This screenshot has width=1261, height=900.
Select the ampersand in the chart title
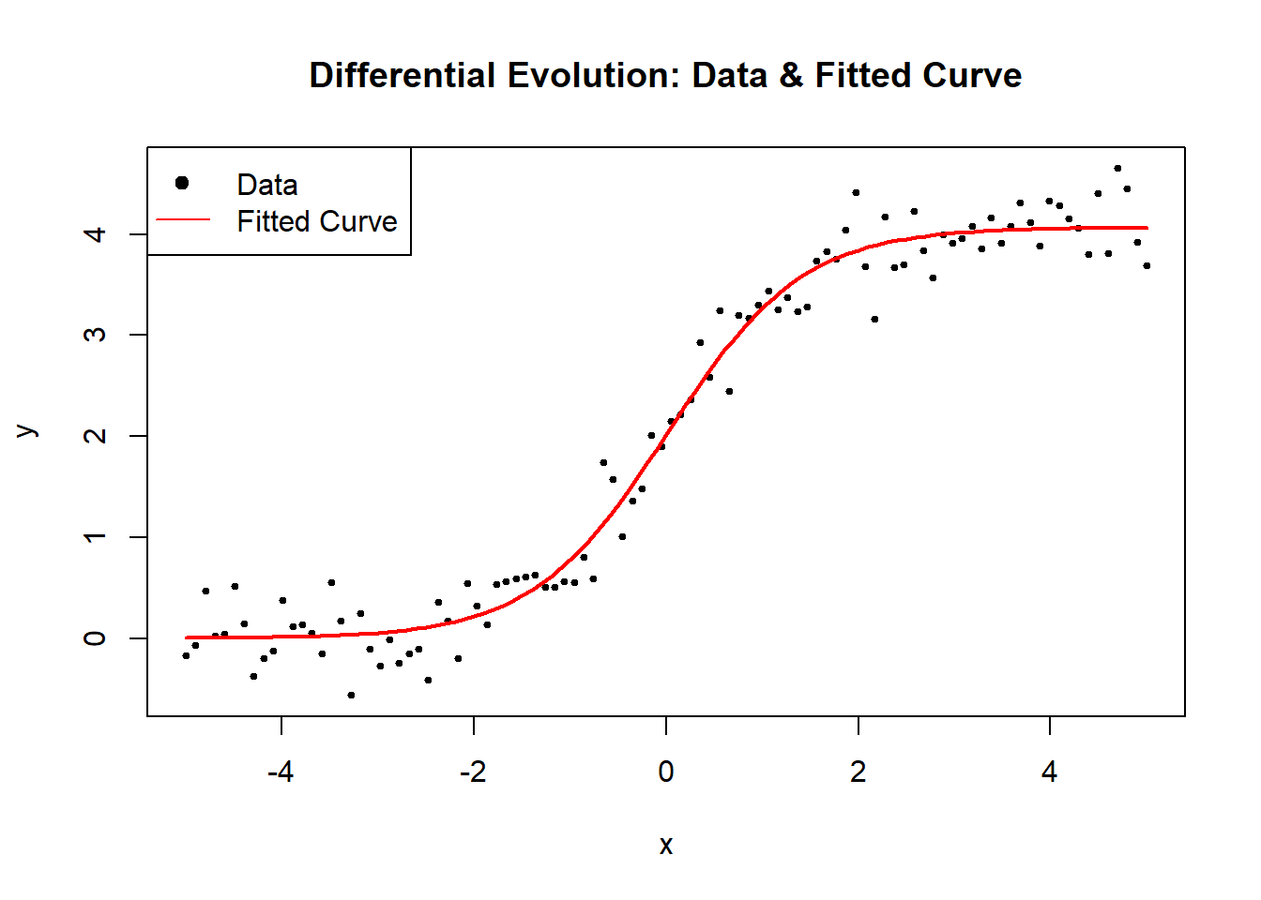[x=791, y=75]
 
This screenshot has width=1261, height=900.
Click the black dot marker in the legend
[x=182, y=183]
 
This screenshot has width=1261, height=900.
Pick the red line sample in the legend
[x=183, y=220]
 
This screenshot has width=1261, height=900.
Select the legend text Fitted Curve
[x=316, y=221]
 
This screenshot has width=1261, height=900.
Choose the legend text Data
[x=266, y=185]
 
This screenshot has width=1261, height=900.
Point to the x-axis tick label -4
[x=281, y=772]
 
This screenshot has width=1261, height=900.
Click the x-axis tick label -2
[x=473, y=772]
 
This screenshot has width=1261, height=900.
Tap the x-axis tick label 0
[x=665, y=772]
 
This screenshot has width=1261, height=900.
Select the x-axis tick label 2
[x=858, y=772]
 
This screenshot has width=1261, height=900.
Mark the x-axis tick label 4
[x=1049, y=772]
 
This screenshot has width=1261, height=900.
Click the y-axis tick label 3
[x=95, y=335]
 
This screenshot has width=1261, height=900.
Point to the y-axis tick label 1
[x=95, y=537]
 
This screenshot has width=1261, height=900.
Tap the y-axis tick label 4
[x=95, y=233]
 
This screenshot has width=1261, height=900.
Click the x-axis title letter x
[x=665, y=846]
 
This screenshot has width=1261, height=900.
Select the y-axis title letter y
[x=27, y=431]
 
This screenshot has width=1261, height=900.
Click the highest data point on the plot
[x=1117, y=169]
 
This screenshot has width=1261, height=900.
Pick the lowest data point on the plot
[x=351, y=695]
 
